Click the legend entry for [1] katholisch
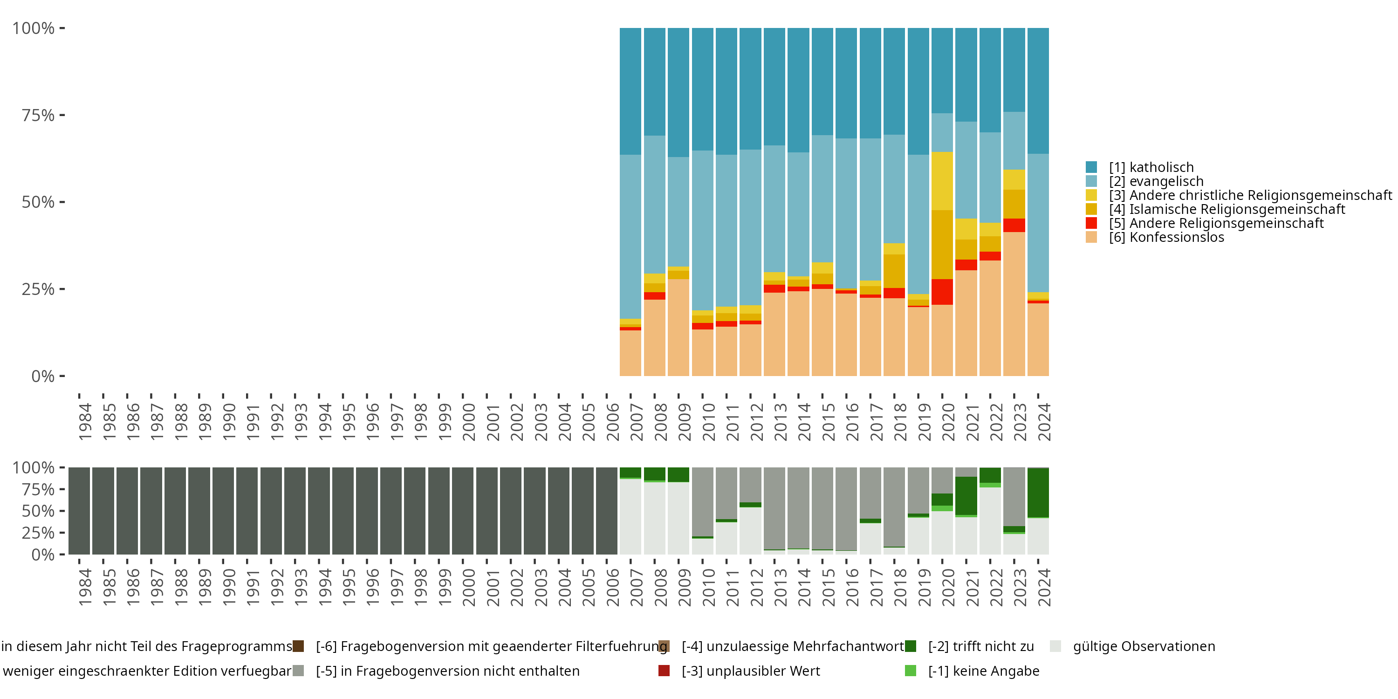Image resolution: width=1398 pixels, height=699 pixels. (1151, 167)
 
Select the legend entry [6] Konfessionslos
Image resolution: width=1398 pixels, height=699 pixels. (1166, 237)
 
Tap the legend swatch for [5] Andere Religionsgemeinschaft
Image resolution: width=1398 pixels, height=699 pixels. (1091, 223)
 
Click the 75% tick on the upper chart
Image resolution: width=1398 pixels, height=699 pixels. (38, 115)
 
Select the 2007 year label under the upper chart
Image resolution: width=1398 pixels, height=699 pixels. (636, 422)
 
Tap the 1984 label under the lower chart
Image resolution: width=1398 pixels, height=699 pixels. (85, 587)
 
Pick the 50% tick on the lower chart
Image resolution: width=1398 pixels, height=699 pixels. (38, 511)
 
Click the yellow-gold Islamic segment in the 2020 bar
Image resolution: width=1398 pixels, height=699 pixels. (942, 244)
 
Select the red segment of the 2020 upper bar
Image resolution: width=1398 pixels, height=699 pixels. (942, 292)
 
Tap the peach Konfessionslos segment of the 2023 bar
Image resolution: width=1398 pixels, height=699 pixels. (1014, 304)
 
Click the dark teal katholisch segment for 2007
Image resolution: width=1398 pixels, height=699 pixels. (630, 91)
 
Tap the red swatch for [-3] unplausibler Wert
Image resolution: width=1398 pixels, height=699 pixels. (664, 671)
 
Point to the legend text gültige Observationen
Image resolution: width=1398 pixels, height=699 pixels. (1144, 646)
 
